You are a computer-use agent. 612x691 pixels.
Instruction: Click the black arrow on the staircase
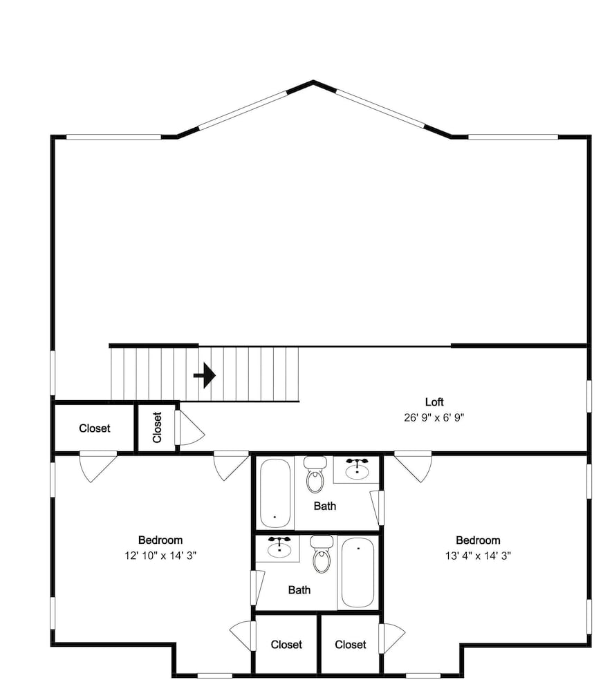pyautogui.click(x=205, y=375)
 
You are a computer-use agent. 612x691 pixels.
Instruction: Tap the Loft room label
pyautogui.click(x=434, y=402)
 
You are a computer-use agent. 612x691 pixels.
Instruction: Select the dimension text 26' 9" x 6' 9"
pyautogui.click(x=434, y=417)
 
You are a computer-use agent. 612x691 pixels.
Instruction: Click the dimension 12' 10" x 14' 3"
pyautogui.click(x=160, y=556)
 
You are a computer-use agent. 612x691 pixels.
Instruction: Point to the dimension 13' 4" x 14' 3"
pyautogui.click(x=478, y=556)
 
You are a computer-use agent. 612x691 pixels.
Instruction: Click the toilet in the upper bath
pyautogui.click(x=315, y=475)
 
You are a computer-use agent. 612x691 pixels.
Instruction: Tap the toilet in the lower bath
pyautogui.click(x=322, y=554)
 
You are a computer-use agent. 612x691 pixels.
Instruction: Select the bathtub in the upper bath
pyautogui.click(x=275, y=493)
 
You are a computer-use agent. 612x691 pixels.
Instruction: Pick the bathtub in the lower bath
pyautogui.click(x=358, y=572)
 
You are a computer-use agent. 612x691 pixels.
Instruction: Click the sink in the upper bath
pyautogui.click(x=357, y=469)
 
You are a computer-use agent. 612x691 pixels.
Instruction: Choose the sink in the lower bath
pyautogui.click(x=279, y=548)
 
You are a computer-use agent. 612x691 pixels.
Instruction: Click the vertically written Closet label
pyautogui.click(x=158, y=427)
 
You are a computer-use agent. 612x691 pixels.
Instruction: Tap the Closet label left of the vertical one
pyautogui.click(x=94, y=428)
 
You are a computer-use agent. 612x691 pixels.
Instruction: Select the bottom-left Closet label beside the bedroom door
pyautogui.click(x=286, y=645)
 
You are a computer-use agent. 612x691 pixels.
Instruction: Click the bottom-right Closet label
pyautogui.click(x=351, y=645)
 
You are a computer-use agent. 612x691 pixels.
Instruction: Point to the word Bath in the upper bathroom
pyautogui.click(x=325, y=506)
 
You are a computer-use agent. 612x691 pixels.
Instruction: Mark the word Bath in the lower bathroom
pyautogui.click(x=299, y=589)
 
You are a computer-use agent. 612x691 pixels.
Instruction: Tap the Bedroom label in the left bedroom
pyautogui.click(x=160, y=540)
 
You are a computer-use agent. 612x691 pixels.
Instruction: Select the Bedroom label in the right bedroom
pyautogui.click(x=478, y=540)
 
